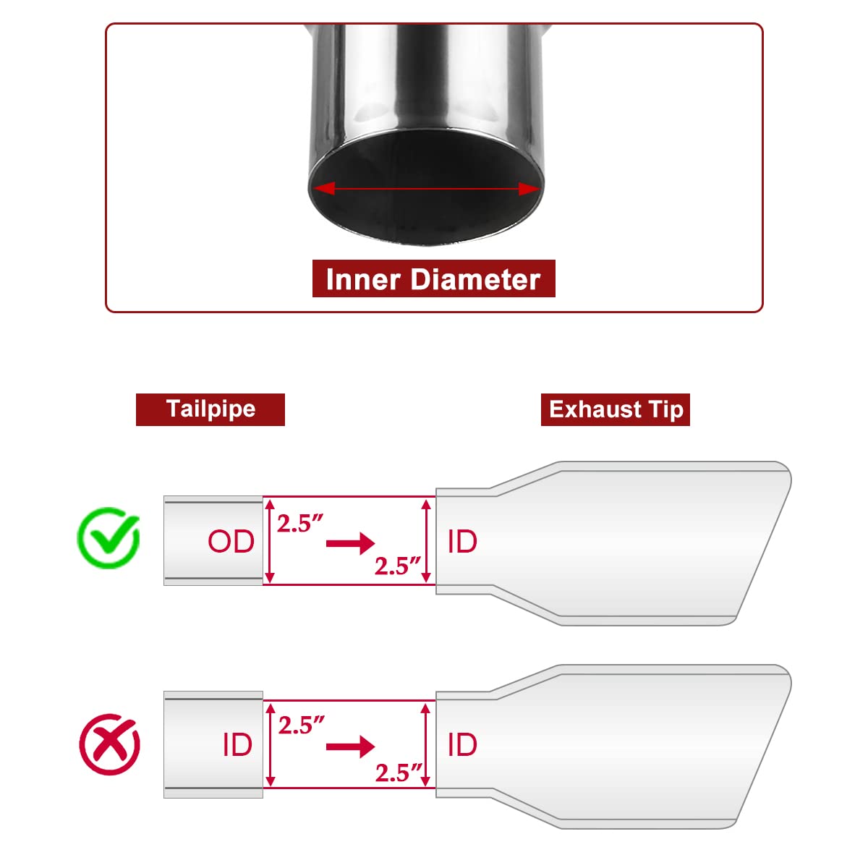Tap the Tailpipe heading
(210, 409)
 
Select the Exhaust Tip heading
(616, 409)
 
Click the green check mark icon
(109, 537)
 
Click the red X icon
(109, 744)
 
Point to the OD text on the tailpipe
(231, 541)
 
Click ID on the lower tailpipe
(237, 744)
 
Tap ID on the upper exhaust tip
(462, 541)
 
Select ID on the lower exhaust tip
(462, 744)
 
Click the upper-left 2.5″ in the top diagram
(300, 523)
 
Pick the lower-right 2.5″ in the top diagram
(398, 566)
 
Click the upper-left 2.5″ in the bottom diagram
(301, 725)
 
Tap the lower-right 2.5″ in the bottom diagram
(398, 773)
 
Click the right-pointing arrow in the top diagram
(350, 543)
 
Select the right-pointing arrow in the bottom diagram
(350, 746)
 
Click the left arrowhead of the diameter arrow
(324, 188)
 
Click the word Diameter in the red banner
(476, 279)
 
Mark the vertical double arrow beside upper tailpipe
(270, 540)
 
